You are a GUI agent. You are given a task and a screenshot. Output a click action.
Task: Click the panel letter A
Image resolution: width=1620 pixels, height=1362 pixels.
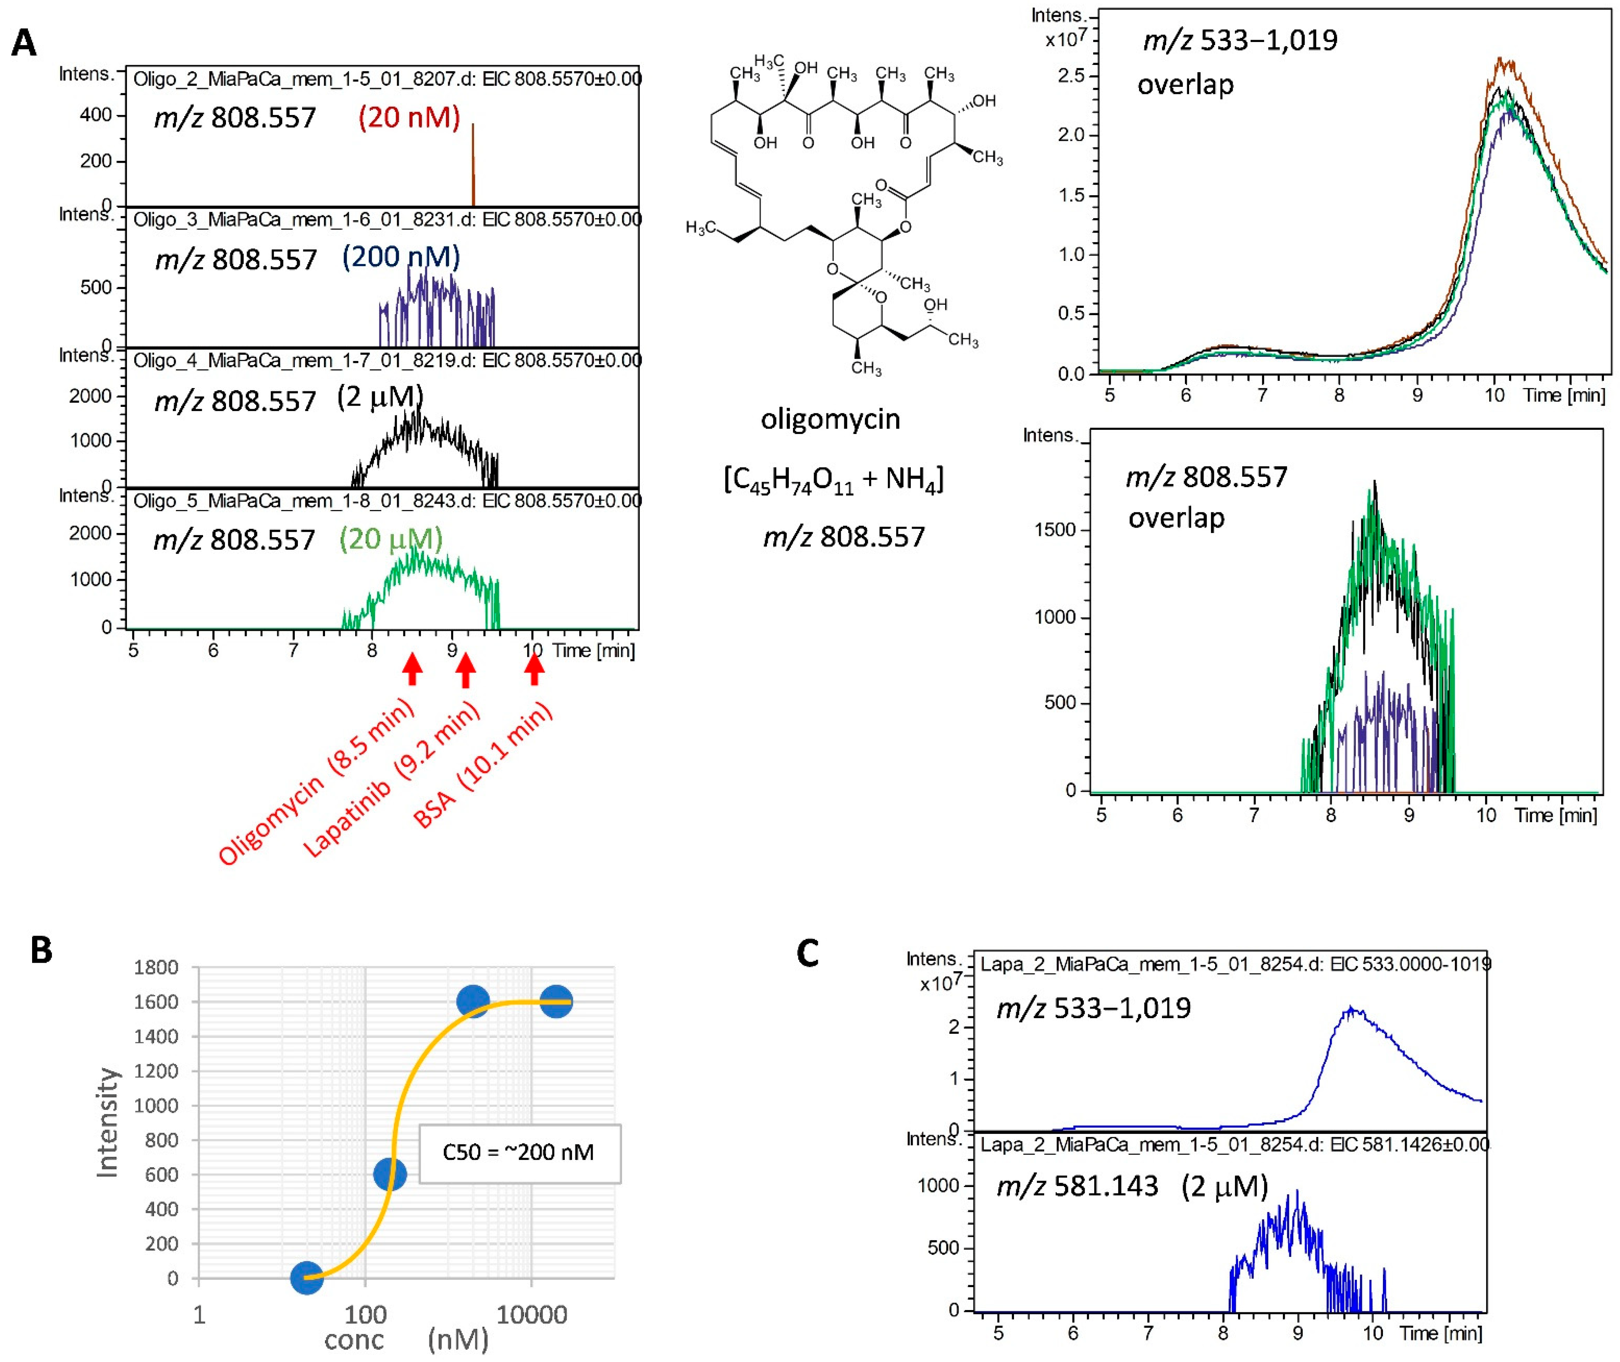click(24, 43)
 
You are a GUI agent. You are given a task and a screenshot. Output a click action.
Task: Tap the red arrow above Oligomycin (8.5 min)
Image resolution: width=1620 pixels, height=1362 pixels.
click(413, 669)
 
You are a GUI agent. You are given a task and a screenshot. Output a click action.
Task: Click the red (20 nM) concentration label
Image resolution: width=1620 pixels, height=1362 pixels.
click(409, 117)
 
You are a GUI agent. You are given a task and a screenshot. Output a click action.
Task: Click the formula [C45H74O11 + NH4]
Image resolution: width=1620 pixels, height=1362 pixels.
click(833, 479)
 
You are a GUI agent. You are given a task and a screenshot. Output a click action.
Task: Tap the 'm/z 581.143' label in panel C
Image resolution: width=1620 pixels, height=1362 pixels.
click(1078, 1185)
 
